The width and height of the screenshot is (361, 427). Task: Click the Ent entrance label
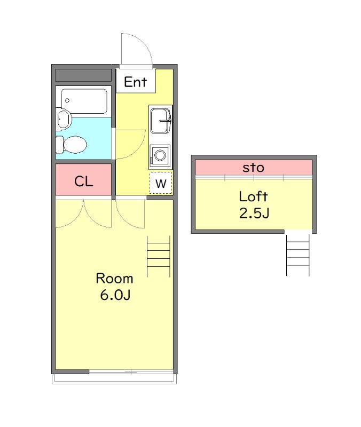point(136,82)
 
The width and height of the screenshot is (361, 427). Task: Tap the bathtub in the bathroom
point(84,101)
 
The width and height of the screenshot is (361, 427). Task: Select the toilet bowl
point(72,144)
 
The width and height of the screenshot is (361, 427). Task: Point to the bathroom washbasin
point(64,118)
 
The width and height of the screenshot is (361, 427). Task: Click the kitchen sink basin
point(161,121)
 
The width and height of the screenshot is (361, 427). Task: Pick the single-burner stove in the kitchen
point(160,155)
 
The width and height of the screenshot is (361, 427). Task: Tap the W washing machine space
point(161,183)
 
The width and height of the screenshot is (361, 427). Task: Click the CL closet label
point(84,181)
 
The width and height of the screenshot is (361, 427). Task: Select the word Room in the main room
point(114,278)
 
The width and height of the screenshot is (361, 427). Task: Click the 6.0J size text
point(115,295)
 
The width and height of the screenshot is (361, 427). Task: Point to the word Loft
point(253,196)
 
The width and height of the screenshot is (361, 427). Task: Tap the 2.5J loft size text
point(254,213)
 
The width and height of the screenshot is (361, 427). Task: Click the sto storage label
point(253,168)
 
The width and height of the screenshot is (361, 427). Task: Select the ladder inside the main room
point(158,257)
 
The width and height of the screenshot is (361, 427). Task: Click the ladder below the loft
point(298,255)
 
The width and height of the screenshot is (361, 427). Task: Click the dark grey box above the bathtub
point(84,75)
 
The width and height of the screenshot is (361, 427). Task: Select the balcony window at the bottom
point(131,371)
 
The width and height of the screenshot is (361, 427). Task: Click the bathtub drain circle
point(67,100)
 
